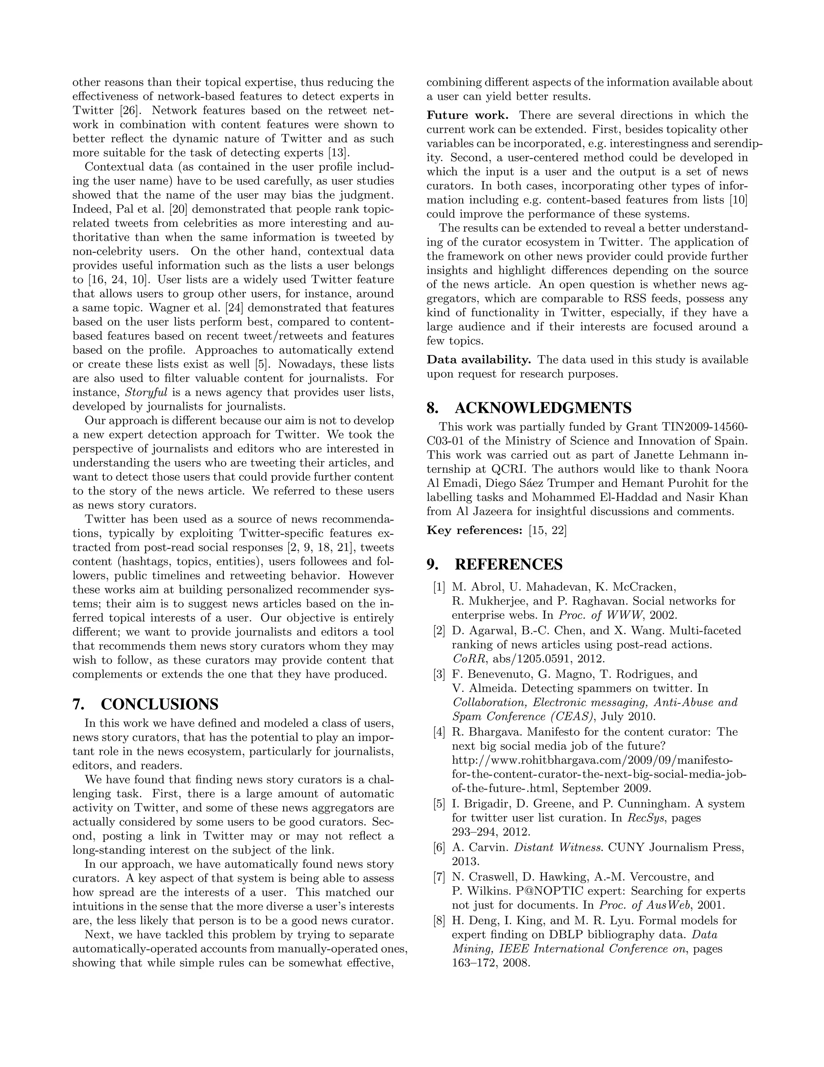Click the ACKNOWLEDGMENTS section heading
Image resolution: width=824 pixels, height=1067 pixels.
[543, 407]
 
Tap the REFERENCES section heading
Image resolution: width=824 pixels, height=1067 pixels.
[508, 564]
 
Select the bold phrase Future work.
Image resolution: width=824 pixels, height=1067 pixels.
[467, 115]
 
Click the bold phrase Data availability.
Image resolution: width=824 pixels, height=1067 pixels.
[478, 360]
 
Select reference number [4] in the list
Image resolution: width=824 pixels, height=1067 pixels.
[439, 732]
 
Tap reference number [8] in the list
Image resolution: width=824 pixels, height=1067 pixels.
[439, 920]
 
